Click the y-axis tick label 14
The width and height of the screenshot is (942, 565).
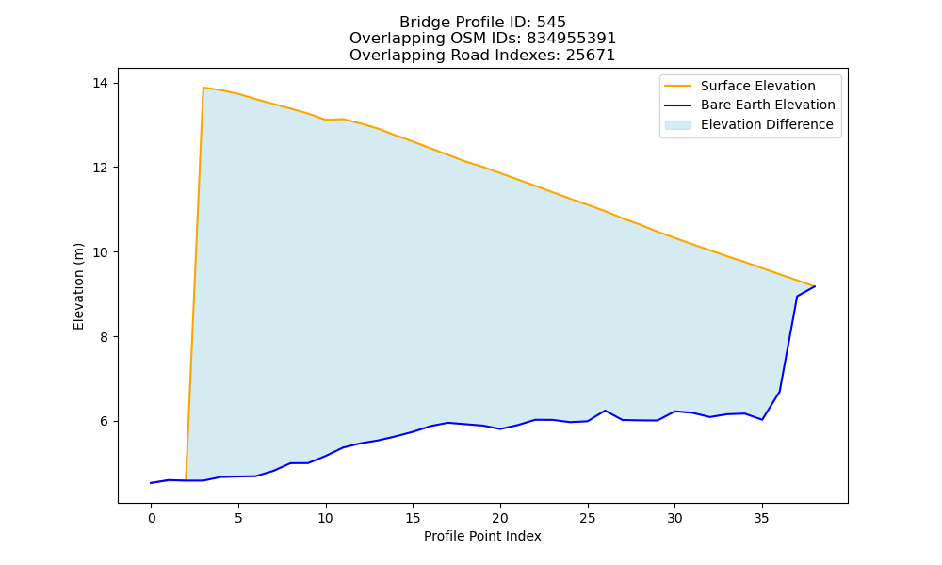click(x=101, y=83)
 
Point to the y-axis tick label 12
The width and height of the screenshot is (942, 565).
click(x=101, y=168)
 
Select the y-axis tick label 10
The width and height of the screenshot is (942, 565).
click(x=101, y=252)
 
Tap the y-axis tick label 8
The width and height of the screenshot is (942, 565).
click(x=104, y=337)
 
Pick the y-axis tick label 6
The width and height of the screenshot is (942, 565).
click(x=104, y=422)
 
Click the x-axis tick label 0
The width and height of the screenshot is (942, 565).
click(x=152, y=518)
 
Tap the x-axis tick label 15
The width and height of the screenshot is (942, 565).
click(x=413, y=518)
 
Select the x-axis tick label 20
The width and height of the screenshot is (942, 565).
click(x=500, y=518)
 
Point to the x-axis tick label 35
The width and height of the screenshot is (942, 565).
click(x=762, y=518)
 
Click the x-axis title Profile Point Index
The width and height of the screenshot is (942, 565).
click(x=482, y=536)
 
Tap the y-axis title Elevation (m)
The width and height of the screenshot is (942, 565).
click(x=79, y=286)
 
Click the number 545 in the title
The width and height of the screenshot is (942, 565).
click(x=551, y=23)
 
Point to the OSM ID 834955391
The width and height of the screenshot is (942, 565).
click(x=572, y=39)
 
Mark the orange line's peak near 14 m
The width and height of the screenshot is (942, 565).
click(x=203, y=88)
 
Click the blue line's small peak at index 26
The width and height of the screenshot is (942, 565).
click(x=605, y=411)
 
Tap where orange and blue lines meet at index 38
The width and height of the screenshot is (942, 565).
click(x=815, y=286)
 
